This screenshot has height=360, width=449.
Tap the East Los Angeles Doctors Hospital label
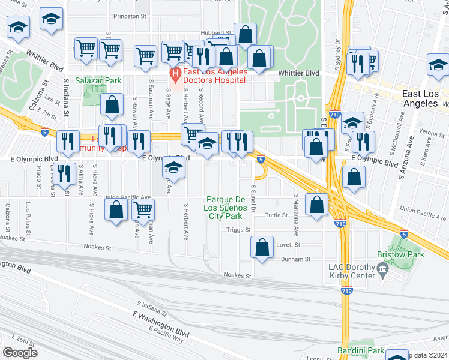pyautogui.click(x=215, y=76)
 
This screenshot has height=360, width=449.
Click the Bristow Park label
pyautogui.click(x=400, y=254)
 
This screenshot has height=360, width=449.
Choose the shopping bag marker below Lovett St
pyautogui.click(x=262, y=248)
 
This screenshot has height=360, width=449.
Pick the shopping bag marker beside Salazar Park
pyautogui.click(x=112, y=104)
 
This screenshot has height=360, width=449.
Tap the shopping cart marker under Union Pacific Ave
pyautogui.click(x=143, y=209)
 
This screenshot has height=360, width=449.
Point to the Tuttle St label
pyautogui.click(x=277, y=215)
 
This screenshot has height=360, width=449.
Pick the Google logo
pyautogui.click(x=20, y=353)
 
